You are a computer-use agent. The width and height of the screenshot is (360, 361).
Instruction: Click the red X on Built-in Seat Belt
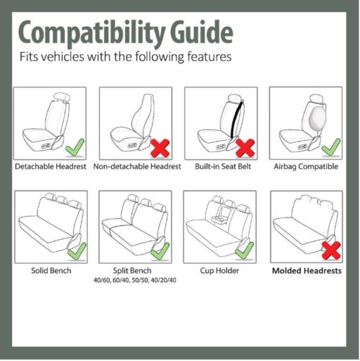245,148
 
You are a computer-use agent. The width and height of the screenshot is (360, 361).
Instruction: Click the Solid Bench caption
50,271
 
